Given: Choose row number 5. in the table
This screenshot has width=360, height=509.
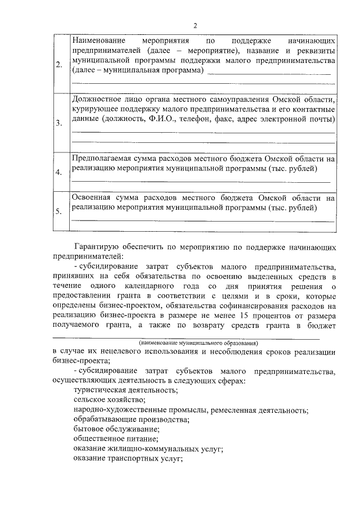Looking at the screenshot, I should [x=59, y=211].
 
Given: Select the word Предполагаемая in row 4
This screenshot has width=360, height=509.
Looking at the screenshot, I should [x=104, y=159].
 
